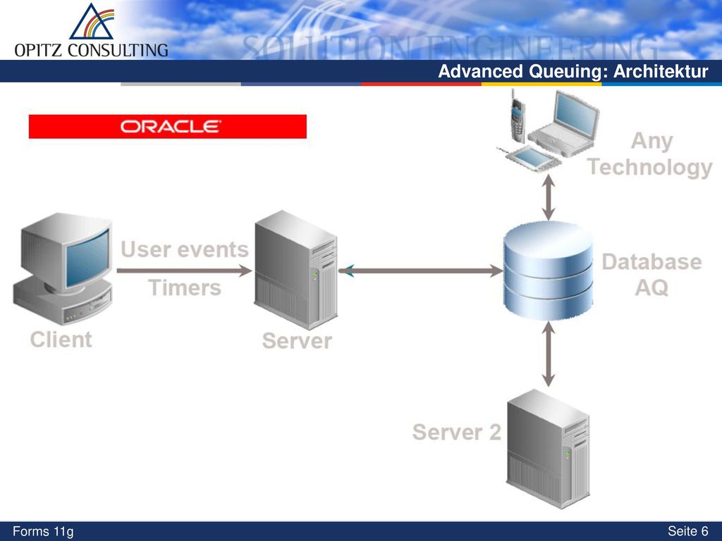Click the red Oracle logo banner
pos(168,127)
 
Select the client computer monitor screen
pos(87,258)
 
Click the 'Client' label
pos(61,340)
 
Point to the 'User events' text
pos(185,250)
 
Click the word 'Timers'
pos(185,288)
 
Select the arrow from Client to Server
pos(184,270)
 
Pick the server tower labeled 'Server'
pos(295,270)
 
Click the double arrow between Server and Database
pos(421,271)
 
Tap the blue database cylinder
pos(548,270)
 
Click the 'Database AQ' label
pos(651,275)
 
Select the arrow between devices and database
pos(548,197)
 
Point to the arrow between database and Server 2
pos(548,354)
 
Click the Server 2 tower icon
pos(548,449)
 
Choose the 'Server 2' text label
pos(457,433)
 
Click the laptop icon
pos(564,123)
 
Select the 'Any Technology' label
pos(651,154)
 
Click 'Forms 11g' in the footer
pos(43,532)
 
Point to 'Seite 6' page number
pos(688,531)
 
